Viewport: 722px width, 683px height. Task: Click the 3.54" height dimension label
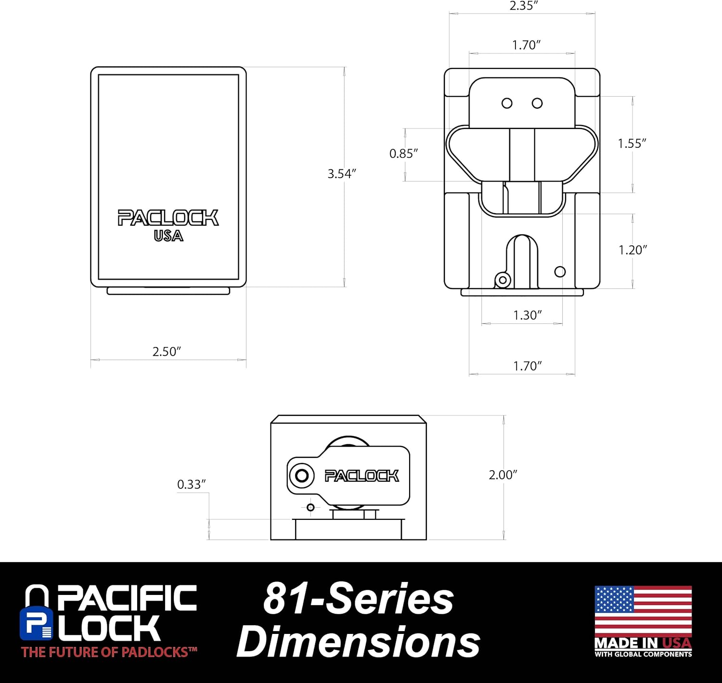tap(341, 174)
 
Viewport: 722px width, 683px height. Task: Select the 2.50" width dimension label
tap(167, 351)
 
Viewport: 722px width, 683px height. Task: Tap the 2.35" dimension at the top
tap(523, 6)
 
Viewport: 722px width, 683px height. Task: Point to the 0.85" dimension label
tap(403, 154)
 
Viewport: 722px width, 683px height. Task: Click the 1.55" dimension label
tap(632, 143)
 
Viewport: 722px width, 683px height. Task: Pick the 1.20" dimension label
tap(632, 250)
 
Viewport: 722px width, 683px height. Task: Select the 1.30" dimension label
tap(528, 315)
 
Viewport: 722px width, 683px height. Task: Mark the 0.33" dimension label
tap(191, 484)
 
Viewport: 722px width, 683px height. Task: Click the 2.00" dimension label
tap(503, 475)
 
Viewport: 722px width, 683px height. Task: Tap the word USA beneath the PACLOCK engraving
tap(168, 236)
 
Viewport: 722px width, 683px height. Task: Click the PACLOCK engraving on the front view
tap(168, 218)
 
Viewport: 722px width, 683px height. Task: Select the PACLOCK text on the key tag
tap(361, 476)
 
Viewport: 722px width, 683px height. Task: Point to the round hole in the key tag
tap(302, 476)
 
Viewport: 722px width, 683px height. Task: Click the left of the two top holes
tap(507, 103)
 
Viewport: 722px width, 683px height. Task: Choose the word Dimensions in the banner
tap(358, 642)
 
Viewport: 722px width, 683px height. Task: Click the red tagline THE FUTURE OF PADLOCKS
tap(109, 653)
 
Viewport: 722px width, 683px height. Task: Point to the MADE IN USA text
tap(643, 643)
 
